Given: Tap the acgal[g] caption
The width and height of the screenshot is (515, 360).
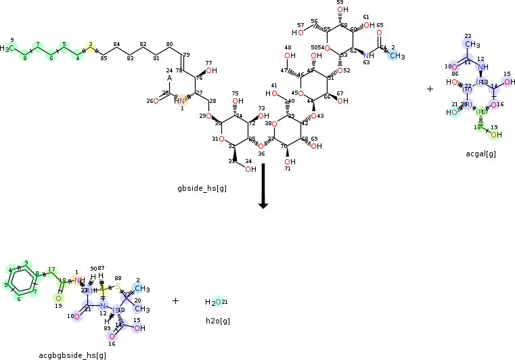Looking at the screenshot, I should pos(480,154).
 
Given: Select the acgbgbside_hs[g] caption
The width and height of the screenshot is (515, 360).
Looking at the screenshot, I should pos(72,355).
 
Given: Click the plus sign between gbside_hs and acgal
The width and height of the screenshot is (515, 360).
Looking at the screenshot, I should pos(430,89).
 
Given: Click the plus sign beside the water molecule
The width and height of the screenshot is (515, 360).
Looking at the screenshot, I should pos(175,300).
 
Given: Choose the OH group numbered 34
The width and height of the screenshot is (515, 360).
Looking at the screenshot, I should pos(250,169).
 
